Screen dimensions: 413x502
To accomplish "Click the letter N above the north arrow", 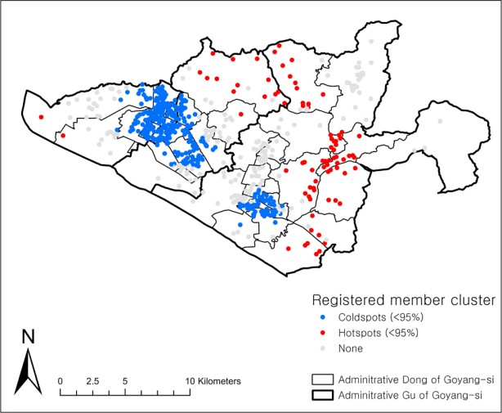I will pos(28,336).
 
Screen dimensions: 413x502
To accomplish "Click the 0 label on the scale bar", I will pos(61,381).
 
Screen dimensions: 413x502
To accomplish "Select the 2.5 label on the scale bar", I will pos(92,381).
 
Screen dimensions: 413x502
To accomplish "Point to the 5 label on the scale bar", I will pos(125,381).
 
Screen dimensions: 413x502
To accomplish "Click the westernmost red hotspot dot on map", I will pos(40,117).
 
